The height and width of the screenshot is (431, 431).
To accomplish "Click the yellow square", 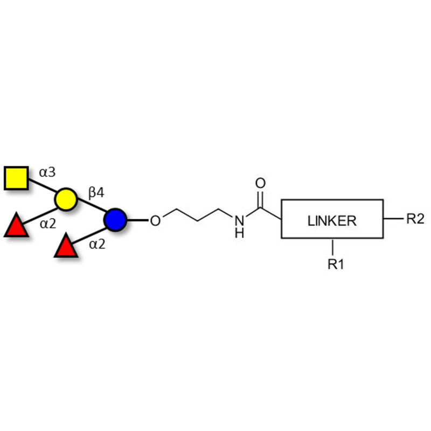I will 16,178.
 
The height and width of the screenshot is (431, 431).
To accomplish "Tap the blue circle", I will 115,220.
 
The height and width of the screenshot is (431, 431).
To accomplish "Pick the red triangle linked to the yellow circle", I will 16,226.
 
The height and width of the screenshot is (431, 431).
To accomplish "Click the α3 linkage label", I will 47,172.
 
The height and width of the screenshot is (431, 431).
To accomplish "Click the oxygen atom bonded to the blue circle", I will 155,220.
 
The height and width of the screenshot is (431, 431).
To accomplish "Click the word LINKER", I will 332,220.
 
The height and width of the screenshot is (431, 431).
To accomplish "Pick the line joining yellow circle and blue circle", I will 91,209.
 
